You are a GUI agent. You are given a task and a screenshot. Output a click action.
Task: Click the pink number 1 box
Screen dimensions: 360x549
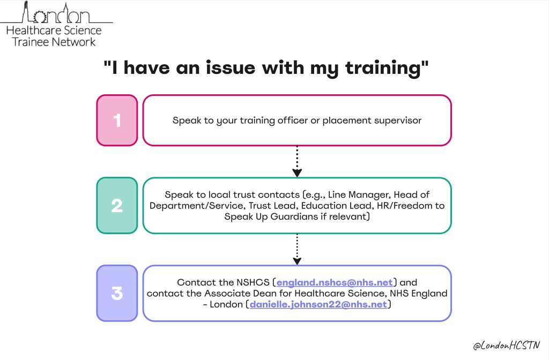coord(117,120)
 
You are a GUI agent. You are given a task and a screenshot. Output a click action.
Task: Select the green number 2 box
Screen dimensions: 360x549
coord(117,206)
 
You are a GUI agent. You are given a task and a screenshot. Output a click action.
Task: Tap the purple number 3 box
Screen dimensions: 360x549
coord(117,293)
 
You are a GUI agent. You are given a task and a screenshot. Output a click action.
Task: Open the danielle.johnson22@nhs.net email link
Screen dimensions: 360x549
coord(318,304)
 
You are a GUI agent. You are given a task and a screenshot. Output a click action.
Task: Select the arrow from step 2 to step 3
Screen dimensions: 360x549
coord(297,249)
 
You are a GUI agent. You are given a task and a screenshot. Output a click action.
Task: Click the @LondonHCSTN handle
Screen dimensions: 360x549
coord(507,347)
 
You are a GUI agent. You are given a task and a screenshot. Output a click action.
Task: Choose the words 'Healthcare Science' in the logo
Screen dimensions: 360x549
coord(54,30)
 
